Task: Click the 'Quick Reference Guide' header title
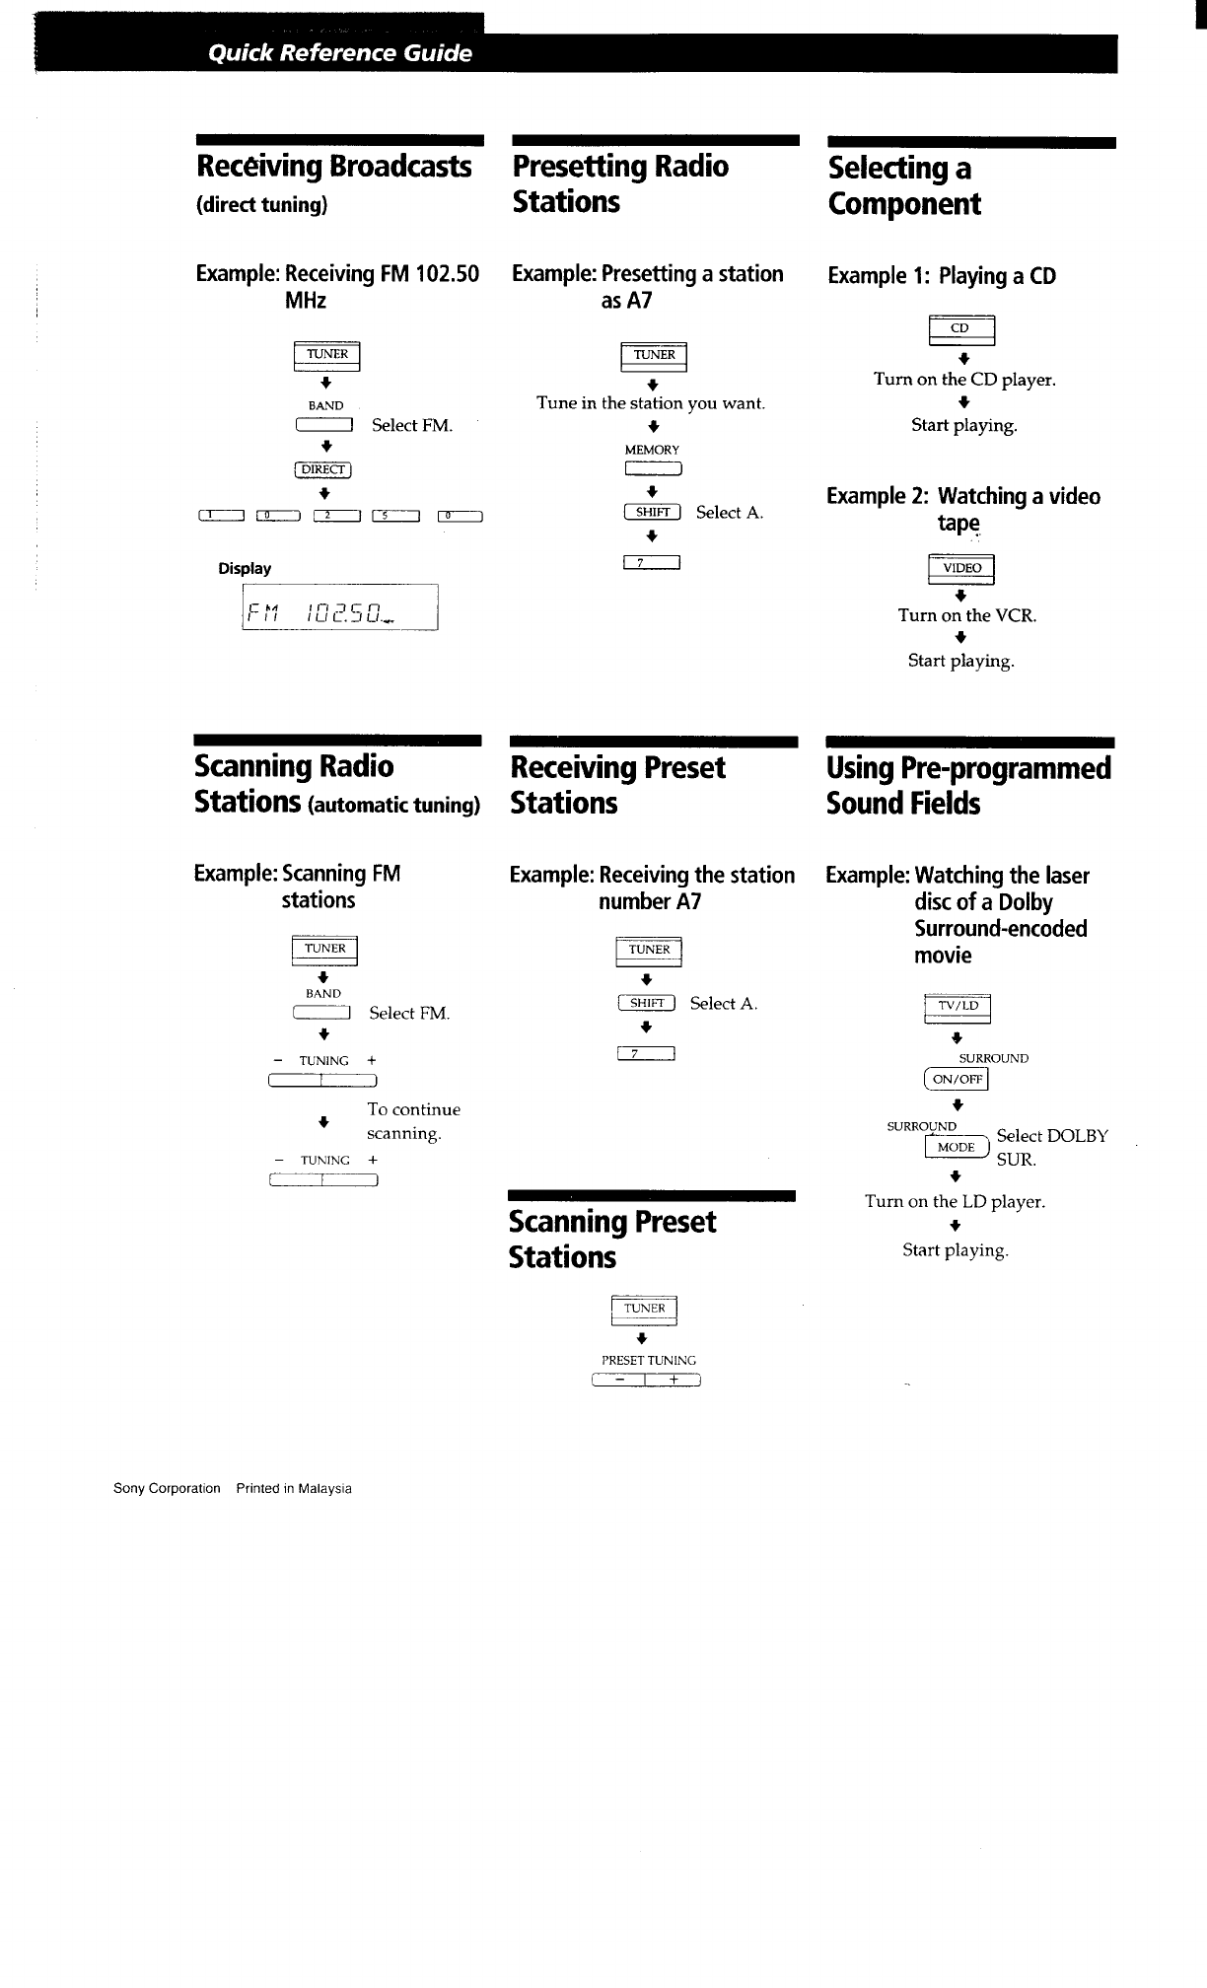[340, 53]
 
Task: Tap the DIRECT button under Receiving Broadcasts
[323, 469]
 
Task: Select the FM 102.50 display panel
[339, 607]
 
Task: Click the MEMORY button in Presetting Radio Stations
[653, 469]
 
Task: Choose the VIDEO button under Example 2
[961, 569]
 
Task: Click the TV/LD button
[958, 1007]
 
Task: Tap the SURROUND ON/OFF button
[957, 1080]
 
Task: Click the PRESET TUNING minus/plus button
[646, 1380]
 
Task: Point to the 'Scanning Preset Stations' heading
[611, 1240]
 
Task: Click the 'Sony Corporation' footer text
[167, 1489]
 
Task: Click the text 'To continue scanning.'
[413, 1121]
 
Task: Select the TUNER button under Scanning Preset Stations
[644, 1310]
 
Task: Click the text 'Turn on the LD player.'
[955, 1202]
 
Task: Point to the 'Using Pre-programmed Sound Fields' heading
[968, 786]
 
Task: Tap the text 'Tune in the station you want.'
[651, 403]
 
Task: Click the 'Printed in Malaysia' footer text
[294, 1489]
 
